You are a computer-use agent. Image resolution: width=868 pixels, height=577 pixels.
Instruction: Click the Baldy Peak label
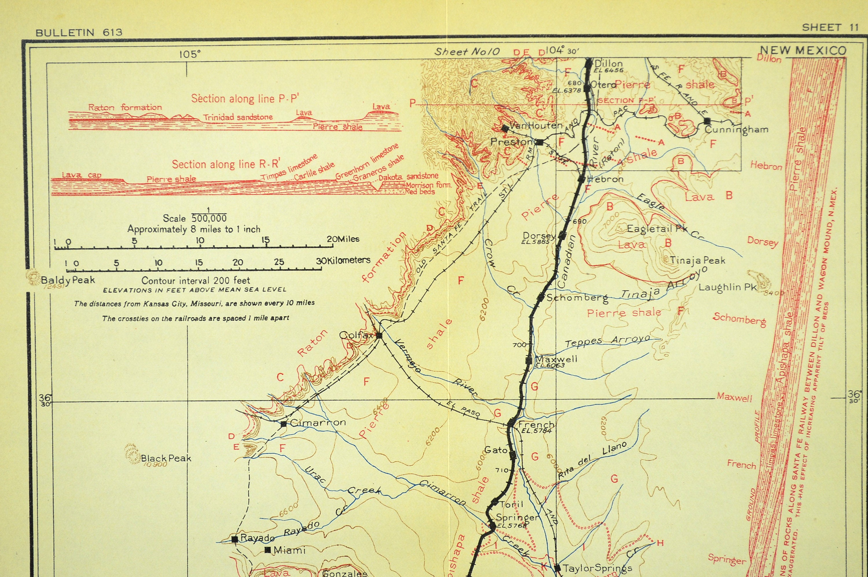click(68, 280)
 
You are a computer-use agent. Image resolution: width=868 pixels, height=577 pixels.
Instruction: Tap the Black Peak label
click(166, 458)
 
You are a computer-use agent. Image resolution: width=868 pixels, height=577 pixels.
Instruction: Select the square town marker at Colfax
click(379, 335)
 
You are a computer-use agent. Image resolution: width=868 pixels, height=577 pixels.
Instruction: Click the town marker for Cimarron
click(284, 424)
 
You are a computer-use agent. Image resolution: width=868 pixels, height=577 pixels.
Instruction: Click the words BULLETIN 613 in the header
click(79, 32)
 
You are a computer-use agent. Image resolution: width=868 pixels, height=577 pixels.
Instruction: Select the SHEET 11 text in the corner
click(830, 27)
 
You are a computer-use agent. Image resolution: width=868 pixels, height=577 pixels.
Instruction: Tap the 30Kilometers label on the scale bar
click(343, 260)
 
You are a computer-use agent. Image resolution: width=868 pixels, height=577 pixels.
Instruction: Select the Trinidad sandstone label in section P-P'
click(238, 117)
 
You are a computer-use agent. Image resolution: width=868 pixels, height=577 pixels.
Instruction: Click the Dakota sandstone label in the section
click(408, 176)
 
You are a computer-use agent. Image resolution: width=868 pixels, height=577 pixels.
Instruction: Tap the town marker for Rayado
click(234, 539)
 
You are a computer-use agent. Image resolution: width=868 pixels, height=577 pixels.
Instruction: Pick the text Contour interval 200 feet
click(196, 281)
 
